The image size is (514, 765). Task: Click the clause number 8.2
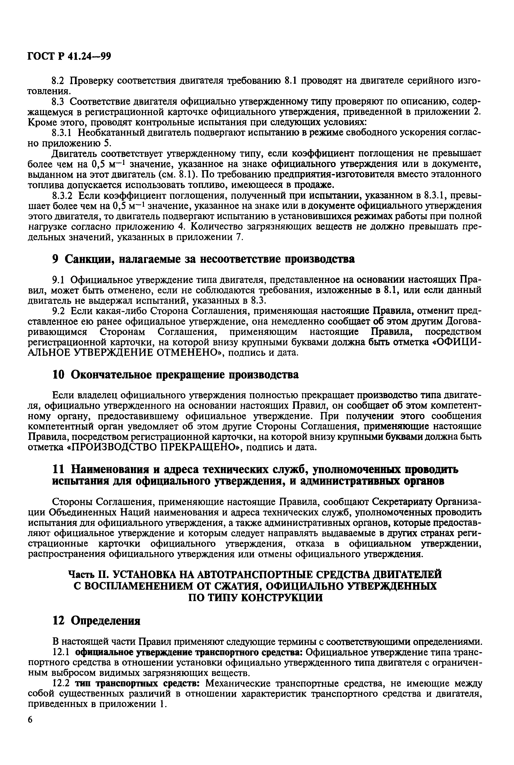[x=60, y=80]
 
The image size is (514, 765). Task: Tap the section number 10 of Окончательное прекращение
[x=59, y=375]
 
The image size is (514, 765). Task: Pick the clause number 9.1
[x=60, y=280]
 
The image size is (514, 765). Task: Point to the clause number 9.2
[x=60, y=311]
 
